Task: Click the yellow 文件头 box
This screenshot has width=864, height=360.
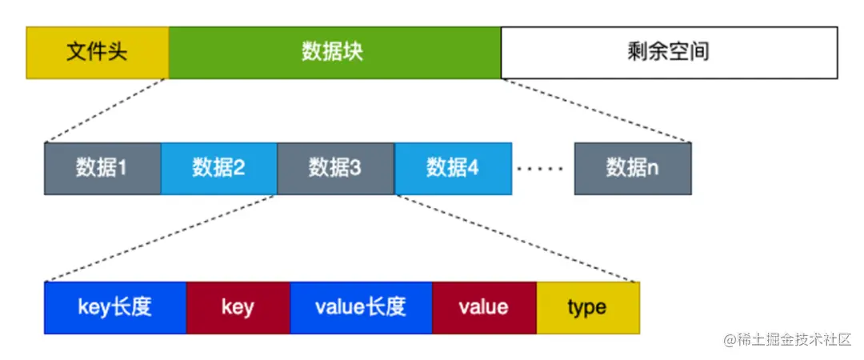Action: pos(97,53)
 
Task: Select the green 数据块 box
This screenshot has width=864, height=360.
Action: pos(334,53)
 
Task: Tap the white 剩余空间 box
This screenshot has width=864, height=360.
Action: pos(669,53)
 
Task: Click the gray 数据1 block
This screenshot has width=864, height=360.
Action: pos(102,168)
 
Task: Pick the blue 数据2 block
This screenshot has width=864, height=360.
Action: pos(218,168)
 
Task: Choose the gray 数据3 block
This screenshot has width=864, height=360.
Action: pos(335,168)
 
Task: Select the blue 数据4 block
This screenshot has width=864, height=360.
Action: pos(453,168)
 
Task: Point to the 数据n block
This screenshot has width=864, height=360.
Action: pos(632,168)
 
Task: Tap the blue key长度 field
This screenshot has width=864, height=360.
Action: pos(115,307)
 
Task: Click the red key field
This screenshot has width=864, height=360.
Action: pos(238,307)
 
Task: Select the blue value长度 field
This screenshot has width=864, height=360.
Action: pos(361,307)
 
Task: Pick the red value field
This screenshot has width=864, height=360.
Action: pos(483,307)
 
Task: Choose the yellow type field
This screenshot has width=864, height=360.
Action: pos(587,307)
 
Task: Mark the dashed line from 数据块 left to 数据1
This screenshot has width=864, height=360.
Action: pos(106,110)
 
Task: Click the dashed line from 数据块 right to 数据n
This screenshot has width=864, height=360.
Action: pos(596,110)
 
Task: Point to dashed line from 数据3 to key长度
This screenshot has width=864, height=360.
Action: pos(160,238)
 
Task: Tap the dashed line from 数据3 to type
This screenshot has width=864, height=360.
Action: pos(516,238)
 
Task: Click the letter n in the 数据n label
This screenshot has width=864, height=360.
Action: pos(653,169)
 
